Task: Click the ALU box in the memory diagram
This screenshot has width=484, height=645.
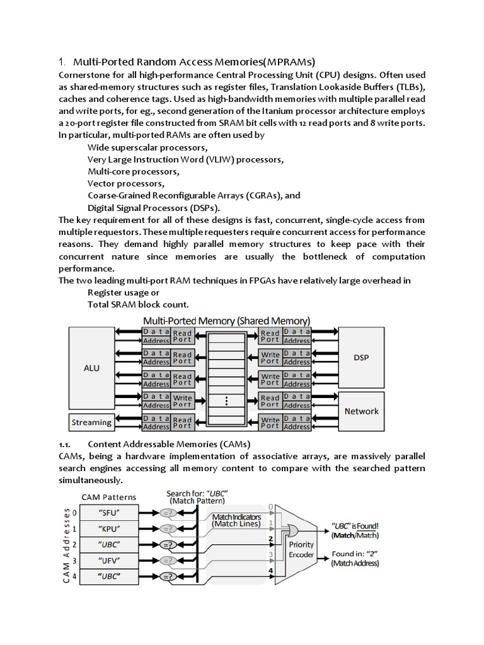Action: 91,367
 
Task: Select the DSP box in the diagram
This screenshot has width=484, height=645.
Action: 361,358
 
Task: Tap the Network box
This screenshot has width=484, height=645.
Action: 361,411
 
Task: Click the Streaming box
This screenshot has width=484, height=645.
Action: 91,422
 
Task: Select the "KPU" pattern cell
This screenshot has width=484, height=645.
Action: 110,528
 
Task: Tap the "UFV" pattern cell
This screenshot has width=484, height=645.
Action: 110,560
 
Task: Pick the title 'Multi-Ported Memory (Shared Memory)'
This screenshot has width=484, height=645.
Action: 227,320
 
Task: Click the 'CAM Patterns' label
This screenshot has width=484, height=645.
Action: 110,498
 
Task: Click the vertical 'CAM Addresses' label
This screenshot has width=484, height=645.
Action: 65,544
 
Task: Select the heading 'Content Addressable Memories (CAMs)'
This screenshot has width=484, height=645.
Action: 169,443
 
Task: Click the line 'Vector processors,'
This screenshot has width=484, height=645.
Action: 126,183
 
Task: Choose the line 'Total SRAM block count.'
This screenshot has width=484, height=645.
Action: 129,304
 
